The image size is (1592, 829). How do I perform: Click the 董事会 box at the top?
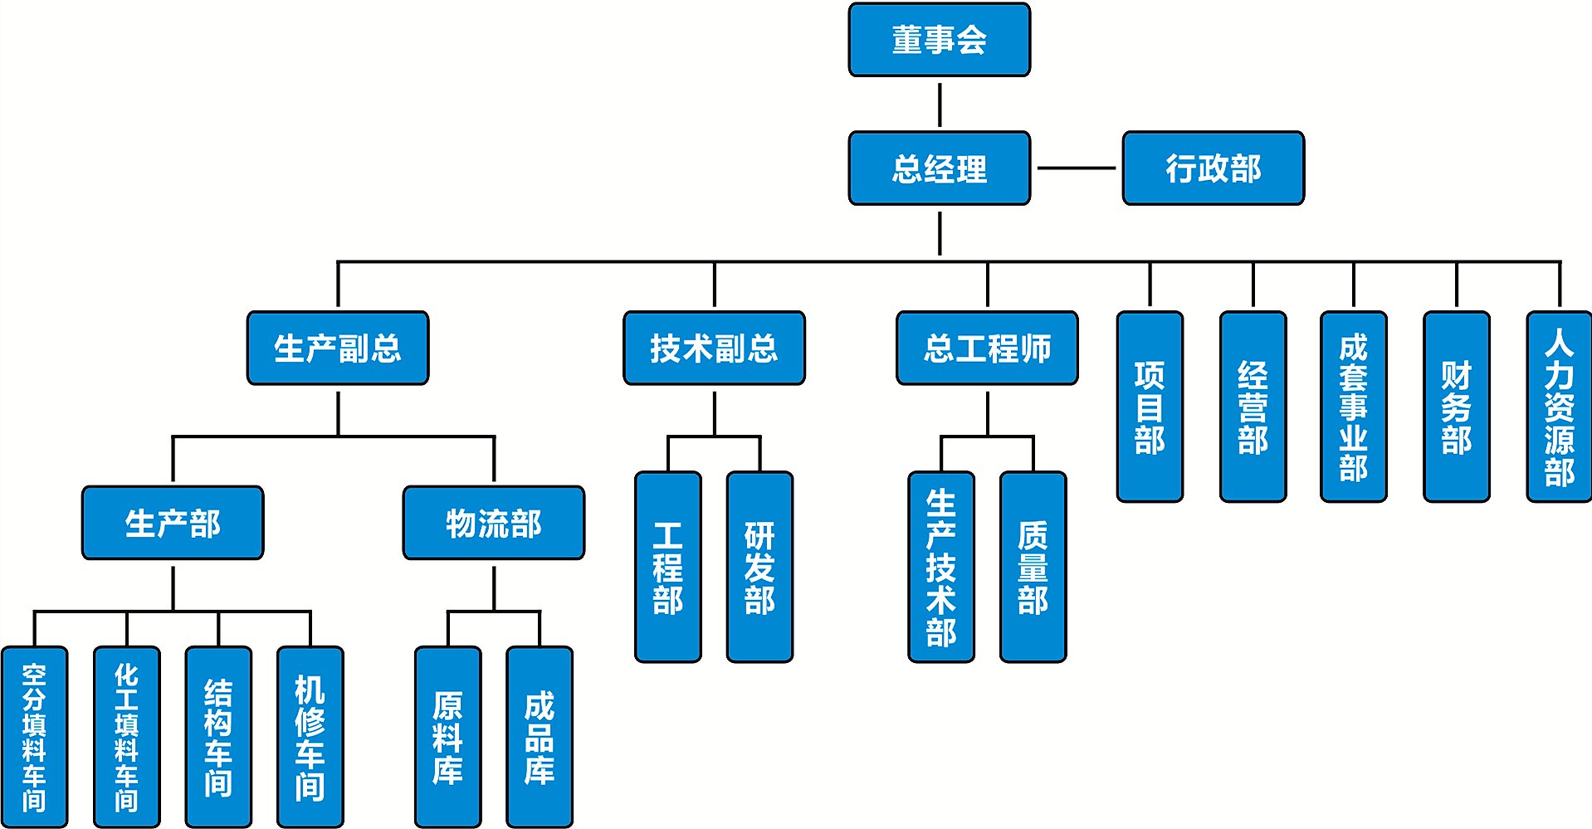pos(939,40)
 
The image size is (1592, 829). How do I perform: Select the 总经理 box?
pos(939,168)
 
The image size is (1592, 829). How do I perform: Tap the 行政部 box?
pos(1213,168)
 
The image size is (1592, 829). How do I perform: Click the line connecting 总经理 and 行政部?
pos(1076,168)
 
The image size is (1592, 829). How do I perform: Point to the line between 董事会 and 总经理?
pos(940,105)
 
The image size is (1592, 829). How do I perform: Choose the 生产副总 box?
pos(338,348)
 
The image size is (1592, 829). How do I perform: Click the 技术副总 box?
pos(714,348)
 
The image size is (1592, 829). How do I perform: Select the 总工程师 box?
pos(987,348)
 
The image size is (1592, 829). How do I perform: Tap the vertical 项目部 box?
pos(1150,407)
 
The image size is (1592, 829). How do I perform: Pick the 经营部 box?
pos(1253,407)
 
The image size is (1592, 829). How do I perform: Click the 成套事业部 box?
pos(1353,407)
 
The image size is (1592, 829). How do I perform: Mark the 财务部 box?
pos(1456,407)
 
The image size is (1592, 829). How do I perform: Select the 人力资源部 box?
pos(1559,407)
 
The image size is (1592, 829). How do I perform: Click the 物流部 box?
pos(494,523)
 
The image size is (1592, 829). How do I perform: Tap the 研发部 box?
pos(759,567)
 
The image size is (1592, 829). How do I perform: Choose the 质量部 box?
pos(1033,567)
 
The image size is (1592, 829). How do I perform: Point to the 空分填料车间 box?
pos(34,737)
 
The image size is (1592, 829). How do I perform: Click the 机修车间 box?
pos(310,737)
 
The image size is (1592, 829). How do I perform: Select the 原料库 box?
pos(447,737)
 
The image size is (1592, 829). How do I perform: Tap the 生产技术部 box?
pos(941,567)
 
